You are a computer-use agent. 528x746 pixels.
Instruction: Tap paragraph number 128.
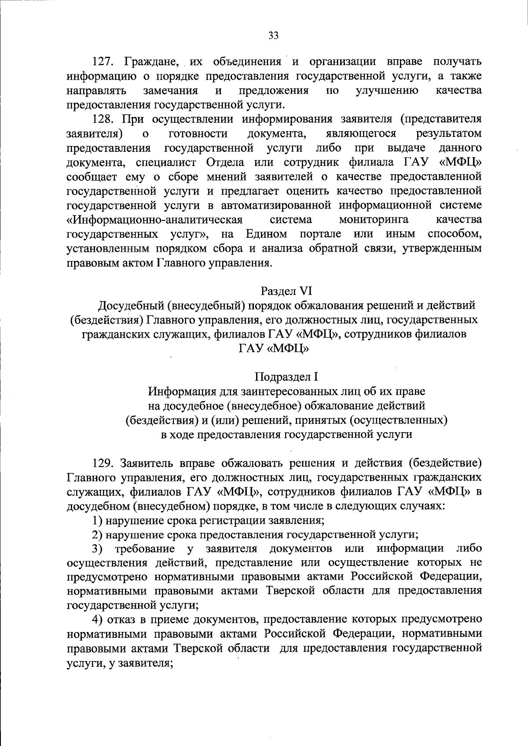103,119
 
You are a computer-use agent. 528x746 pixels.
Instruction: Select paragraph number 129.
103,463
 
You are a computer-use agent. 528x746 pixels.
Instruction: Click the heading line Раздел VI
286,291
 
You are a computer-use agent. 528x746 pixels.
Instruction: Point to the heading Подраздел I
286,377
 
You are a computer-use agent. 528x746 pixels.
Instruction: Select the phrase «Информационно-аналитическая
155,220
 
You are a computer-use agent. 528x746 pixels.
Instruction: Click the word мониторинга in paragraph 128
374,220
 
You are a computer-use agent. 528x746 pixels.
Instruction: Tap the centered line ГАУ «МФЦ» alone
273,349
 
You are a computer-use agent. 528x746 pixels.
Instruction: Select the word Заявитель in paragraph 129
147,463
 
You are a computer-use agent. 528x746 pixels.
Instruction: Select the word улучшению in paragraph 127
386,91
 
